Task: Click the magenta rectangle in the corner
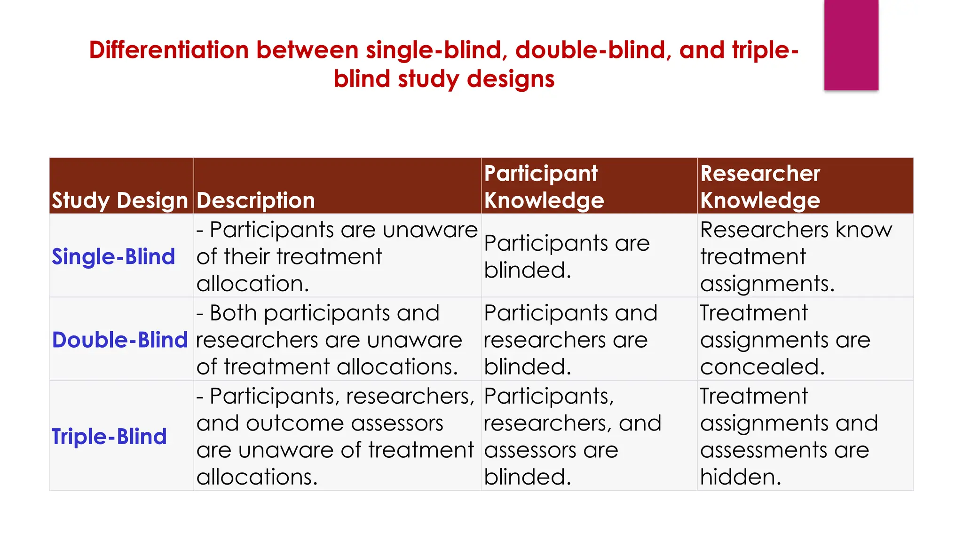point(851,45)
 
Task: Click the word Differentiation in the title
point(169,50)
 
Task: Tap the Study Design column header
point(120,200)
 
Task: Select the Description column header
point(256,200)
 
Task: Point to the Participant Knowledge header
point(544,187)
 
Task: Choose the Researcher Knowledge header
point(760,187)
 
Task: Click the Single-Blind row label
point(113,257)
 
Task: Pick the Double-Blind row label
point(120,340)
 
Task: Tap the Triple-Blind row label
point(109,437)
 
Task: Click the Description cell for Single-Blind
point(337,256)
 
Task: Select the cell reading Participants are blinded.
point(567,256)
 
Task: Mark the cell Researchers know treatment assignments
point(796,256)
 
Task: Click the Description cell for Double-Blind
point(329,340)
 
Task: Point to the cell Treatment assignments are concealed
point(785,340)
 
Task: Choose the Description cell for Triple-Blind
point(335,436)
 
